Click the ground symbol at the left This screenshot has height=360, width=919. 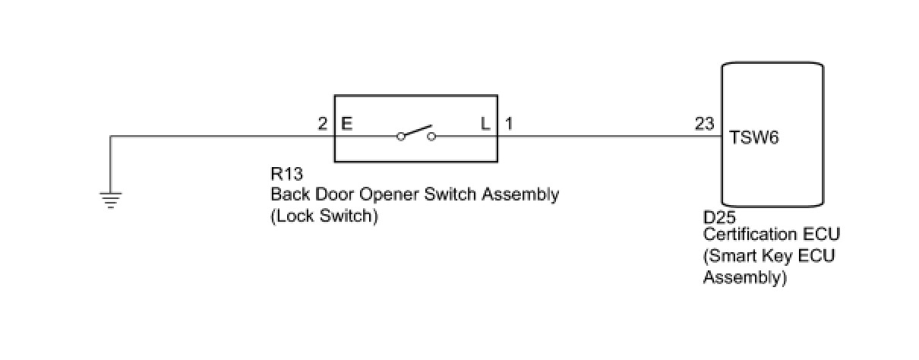[110, 200]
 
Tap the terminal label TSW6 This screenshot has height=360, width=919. [754, 138]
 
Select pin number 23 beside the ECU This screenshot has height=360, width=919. [703, 123]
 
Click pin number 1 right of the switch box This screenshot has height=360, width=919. [508, 123]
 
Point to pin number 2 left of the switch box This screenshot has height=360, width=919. [323, 123]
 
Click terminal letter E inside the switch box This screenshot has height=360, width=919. [347, 123]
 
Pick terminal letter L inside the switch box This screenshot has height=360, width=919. [485, 123]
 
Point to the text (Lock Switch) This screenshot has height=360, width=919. [324, 216]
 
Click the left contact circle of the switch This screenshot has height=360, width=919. [400, 137]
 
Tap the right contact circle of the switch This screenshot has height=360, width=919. [431, 137]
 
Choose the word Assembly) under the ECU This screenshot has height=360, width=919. [744, 277]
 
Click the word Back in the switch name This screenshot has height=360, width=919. [289, 194]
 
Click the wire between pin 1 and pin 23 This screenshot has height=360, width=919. [608, 137]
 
